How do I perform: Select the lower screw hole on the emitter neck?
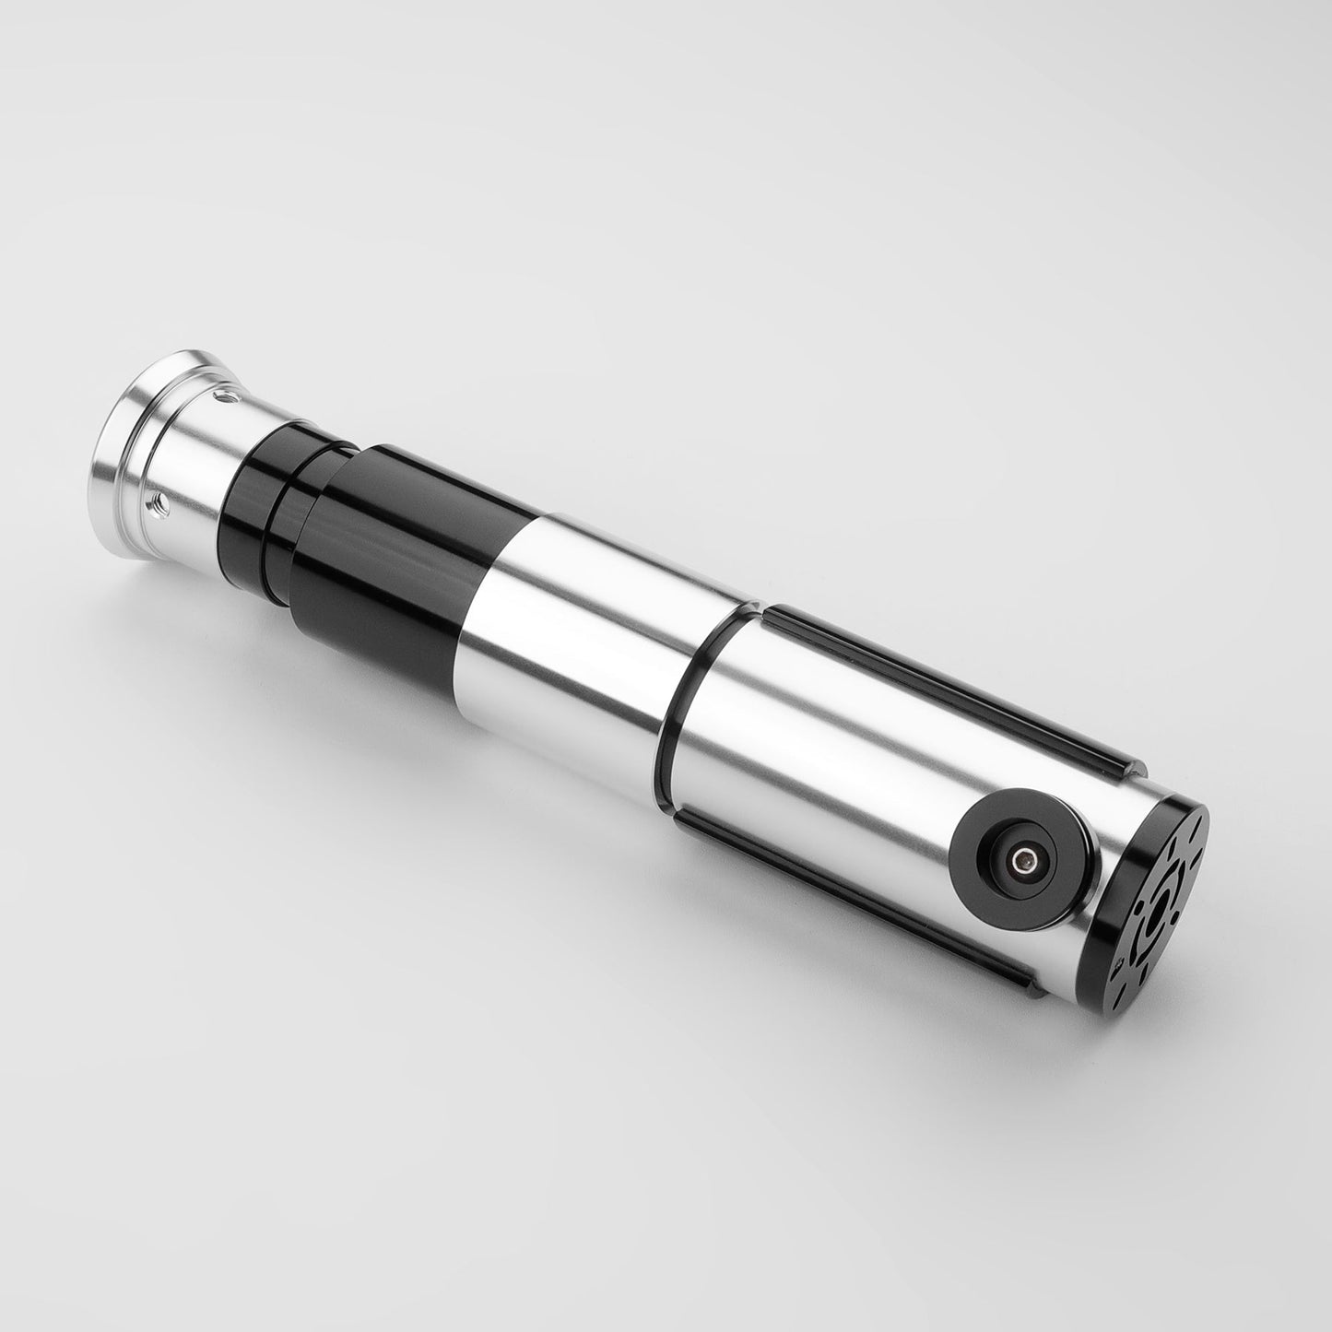pyautogui.click(x=157, y=502)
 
